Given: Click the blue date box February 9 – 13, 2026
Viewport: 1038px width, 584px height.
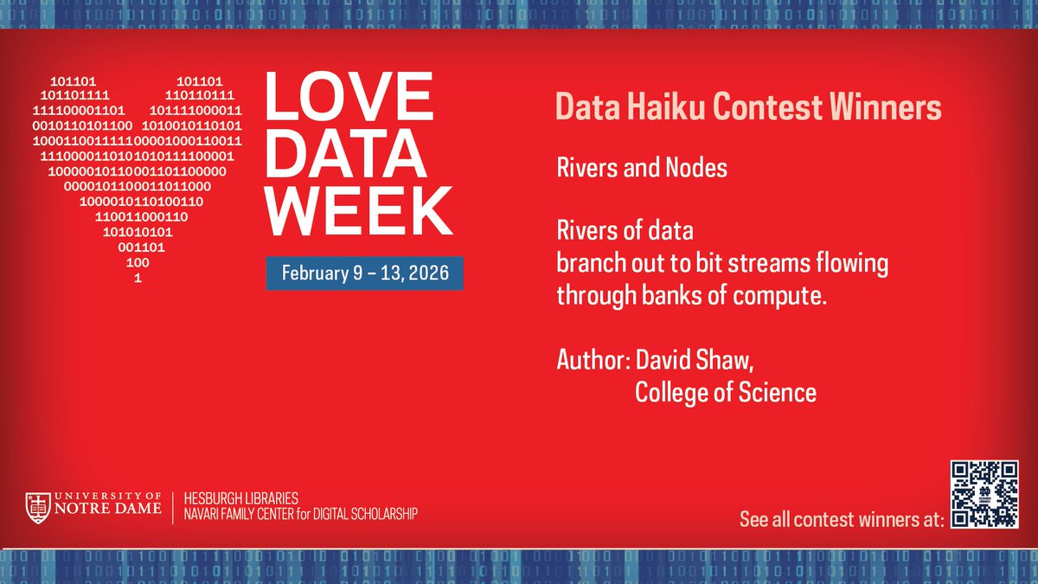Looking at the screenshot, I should (x=363, y=273).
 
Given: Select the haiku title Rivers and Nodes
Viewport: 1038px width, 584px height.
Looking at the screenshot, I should (x=642, y=168).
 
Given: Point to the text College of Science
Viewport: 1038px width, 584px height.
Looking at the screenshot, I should (x=725, y=393).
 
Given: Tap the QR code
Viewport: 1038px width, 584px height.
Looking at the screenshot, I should (x=984, y=494).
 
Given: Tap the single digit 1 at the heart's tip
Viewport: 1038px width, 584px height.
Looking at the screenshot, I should (x=138, y=279).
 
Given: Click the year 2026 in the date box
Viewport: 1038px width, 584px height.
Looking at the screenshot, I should (x=426, y=273).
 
